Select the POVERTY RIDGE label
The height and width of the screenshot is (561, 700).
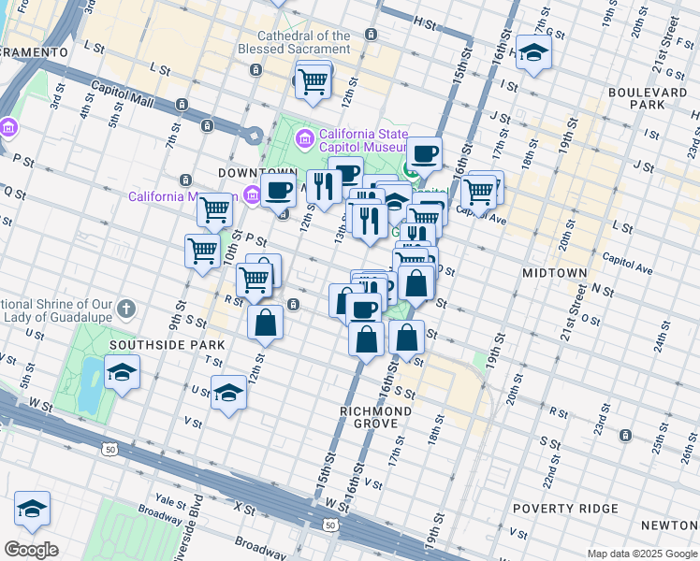click(565, 509)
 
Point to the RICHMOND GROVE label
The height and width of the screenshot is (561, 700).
click(376, 418)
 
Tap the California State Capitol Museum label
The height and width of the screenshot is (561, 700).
click(363, 139)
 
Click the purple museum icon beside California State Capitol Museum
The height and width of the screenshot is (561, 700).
click(304, 139)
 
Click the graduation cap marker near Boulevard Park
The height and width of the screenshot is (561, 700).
click(533, 53)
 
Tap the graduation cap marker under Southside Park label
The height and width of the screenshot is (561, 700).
click(122, 373)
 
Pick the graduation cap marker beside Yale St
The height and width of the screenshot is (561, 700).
click(32, 509)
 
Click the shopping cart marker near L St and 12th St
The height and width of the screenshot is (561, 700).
click(314, 81)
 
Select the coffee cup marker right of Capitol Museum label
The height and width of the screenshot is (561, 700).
click(424, 152)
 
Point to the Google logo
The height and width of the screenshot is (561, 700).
click(31, 549)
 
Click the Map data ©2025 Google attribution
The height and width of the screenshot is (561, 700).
click(641, 554)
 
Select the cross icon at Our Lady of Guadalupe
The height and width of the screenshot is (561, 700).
click(128, 308)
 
